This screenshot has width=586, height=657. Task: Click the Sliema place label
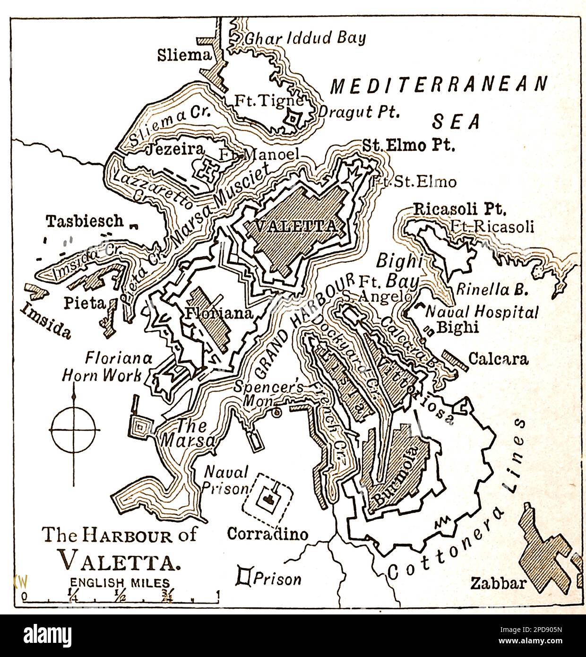(183, 56)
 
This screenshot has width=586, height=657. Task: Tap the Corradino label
(267, 534)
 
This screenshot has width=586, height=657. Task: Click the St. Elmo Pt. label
(408, 146)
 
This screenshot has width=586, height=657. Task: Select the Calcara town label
(498, 359)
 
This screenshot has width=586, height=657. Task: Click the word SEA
(457, 121)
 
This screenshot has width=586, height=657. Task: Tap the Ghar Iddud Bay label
(305, 38)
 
